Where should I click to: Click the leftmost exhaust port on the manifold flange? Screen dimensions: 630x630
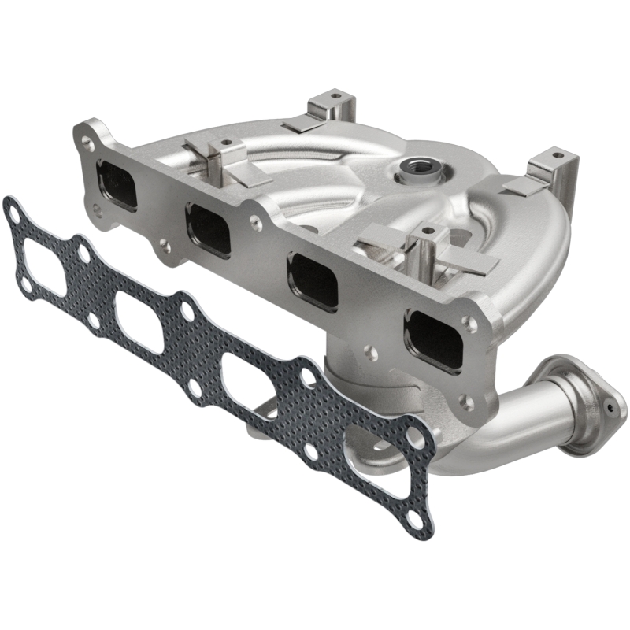(117, 185)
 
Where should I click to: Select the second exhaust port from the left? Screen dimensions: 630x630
(209, 229)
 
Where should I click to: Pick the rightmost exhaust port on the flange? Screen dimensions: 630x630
(434, 338)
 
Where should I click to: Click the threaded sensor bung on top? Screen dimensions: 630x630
(414, 167)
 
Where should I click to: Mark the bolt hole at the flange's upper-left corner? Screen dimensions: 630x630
(86, 143)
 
